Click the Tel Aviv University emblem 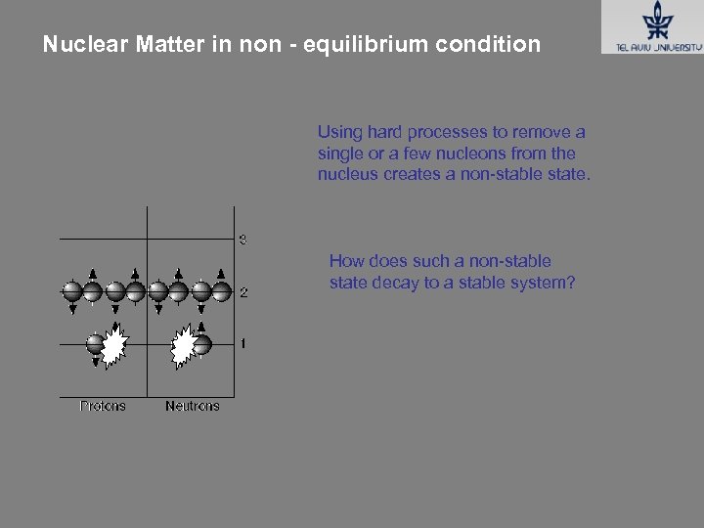(x=652, y=20)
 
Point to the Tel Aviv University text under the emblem (x=651, y=45)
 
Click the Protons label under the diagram (x=103, y=406)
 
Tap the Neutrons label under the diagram (x=193, y=406)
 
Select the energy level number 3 (x=242, y=240)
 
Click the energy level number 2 (x=243, y=292)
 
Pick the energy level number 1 (x=242, y=343)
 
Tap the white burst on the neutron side (x=183, y=345)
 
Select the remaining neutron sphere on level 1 (x=202, y=344)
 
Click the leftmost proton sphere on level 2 (x=71, y=290)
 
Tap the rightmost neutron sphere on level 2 (x=222, y=290)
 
